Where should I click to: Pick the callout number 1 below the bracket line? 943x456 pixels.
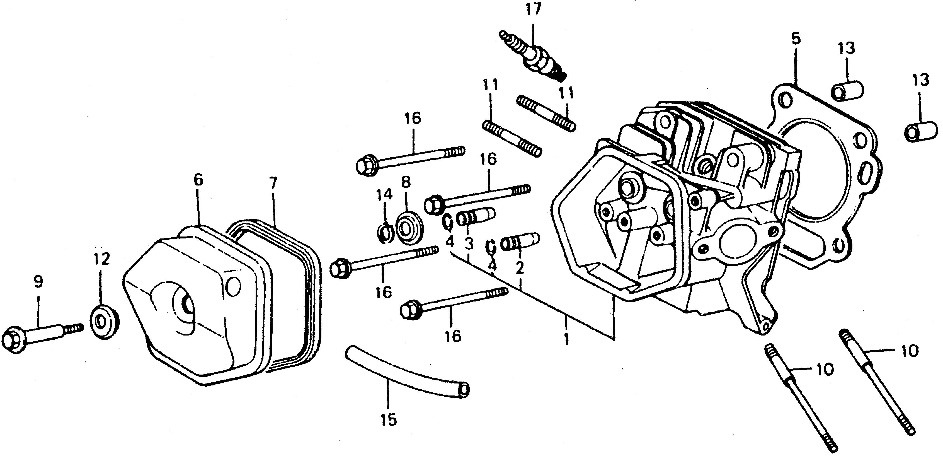coord(566,339)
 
